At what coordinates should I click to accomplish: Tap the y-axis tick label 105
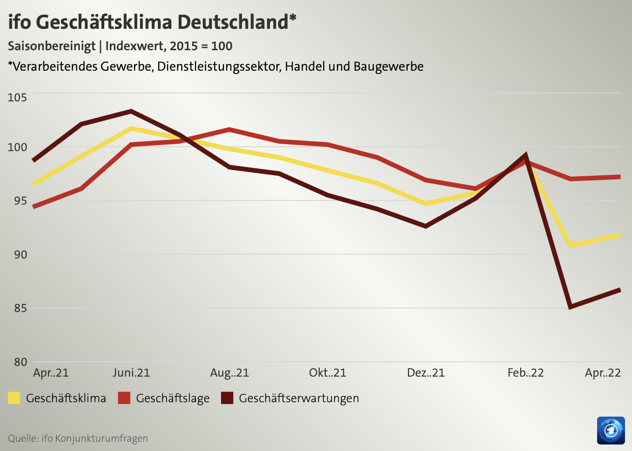point(18,97)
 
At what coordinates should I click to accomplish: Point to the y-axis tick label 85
point(18,308)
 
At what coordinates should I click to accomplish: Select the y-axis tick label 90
point(18,254)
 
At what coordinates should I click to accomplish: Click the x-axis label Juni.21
point(131,373)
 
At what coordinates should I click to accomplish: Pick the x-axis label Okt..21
point(328,373)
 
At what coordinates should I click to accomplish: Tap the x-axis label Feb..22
point(525,373)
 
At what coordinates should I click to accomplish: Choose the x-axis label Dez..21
point(426,373)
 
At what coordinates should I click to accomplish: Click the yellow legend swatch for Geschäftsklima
point(14,398)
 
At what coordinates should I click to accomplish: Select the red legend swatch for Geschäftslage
point(124,398)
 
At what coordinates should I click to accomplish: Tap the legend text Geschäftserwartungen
point(299,398)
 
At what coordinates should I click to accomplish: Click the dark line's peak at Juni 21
point(131,112)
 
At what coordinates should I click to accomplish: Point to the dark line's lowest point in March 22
point(570,307)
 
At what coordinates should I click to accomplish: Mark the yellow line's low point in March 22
point(570,245)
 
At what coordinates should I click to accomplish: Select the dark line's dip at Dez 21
point(425,226)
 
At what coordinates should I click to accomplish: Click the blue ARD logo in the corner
point(611,431)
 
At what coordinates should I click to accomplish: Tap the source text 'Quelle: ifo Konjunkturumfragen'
point(78,438)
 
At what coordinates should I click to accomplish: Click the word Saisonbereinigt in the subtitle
point(52,46)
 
